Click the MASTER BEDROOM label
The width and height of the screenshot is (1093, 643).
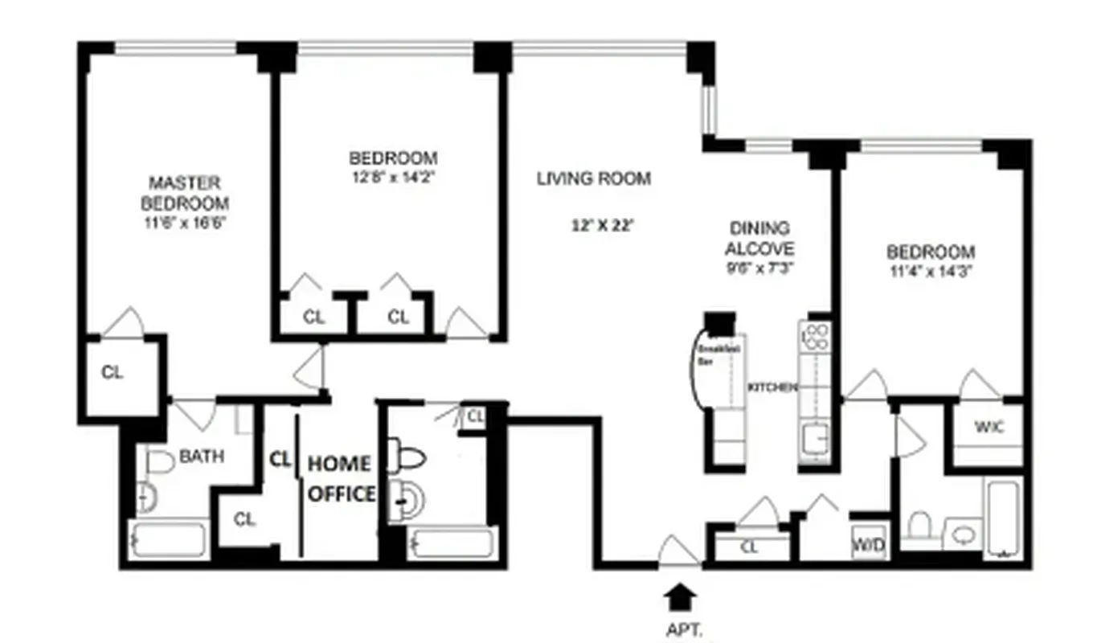(x=184, y=193)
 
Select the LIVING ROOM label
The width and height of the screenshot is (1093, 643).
(x=594, y=178)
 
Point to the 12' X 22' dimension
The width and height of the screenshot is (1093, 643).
(x=603, y=226)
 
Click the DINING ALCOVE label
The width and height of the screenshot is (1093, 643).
(x=759, y=238)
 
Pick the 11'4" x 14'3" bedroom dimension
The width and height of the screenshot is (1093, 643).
(x=931, y=270)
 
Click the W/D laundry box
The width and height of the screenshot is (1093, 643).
(x=869, y=545)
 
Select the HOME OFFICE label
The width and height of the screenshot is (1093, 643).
(x=341, y=478)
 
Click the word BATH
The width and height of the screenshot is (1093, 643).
(x=201, y=457)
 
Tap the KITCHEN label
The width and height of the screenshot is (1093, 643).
(x=773, y=387)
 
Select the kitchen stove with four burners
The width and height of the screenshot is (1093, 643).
(x=817, y=336)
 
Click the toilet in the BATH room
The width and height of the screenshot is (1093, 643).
(x=160, y=461)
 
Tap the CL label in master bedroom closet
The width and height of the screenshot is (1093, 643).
(x=113, y=373)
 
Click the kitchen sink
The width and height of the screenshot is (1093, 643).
(x=817, y=439)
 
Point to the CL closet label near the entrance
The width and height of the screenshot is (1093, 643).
(x=749, y=548)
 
